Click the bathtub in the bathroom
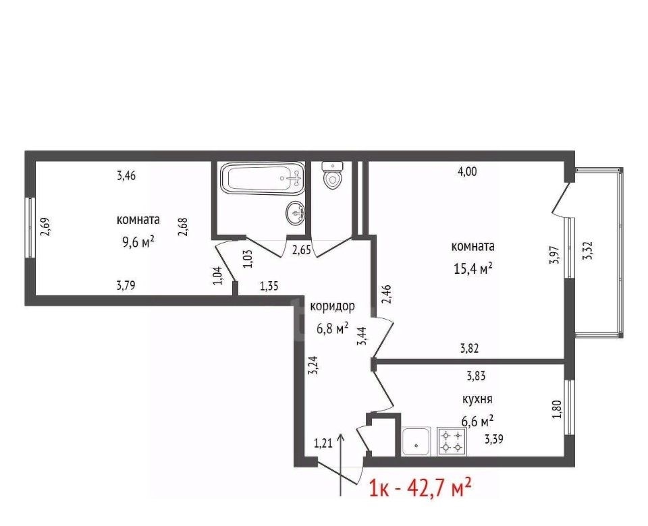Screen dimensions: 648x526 263,179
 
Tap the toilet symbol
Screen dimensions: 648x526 332,175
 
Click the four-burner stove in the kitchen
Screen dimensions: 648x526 452,441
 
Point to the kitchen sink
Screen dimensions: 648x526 416,441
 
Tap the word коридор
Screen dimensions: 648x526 332,307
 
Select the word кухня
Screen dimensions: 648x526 477,399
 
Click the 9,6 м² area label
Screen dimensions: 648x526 138,241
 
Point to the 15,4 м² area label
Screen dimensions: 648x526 473,269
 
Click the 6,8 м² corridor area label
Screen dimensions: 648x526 332,328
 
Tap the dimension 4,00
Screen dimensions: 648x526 467,172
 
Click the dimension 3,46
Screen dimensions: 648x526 126,176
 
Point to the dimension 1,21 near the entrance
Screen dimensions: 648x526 323,444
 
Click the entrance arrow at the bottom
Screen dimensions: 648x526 341,464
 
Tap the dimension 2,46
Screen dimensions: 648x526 387,295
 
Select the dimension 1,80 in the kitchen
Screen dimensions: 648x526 557,409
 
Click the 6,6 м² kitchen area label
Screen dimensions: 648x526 477,421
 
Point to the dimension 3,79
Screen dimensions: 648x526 126,285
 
